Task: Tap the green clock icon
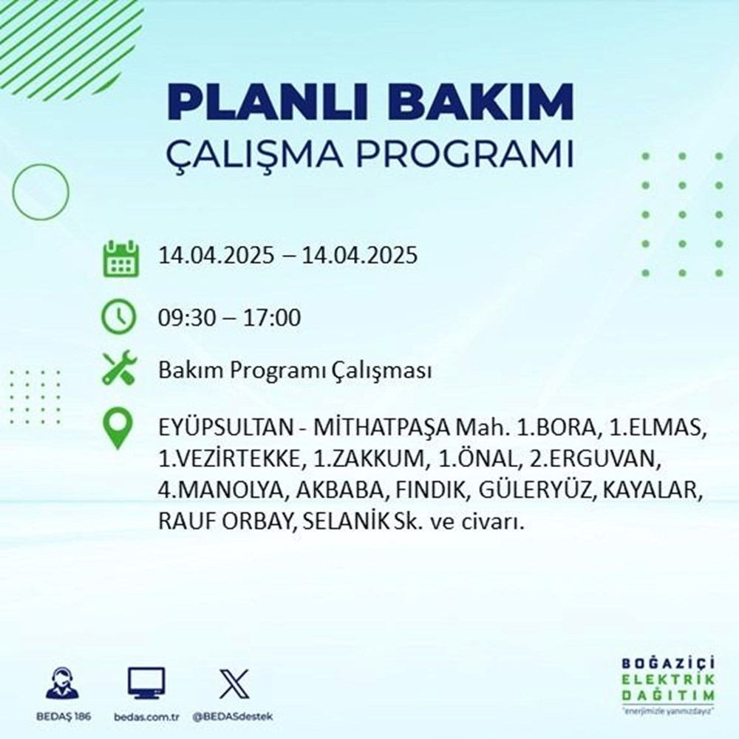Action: pos(118,318)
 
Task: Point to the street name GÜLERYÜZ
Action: pos(546,490)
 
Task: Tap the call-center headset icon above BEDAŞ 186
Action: pos(64,684)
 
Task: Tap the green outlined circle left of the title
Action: pos(41,193)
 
